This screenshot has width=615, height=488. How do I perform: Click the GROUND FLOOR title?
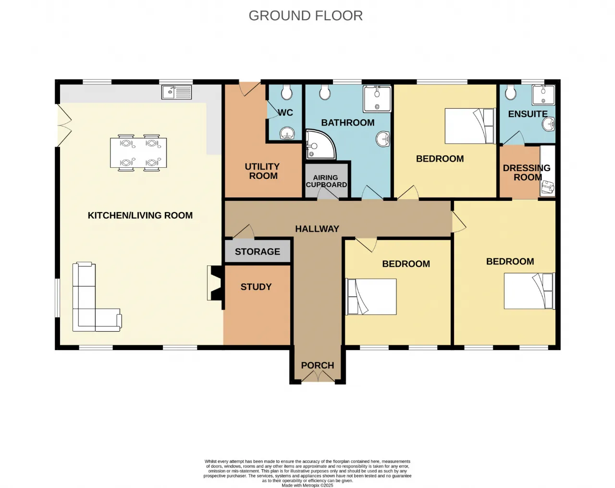(306, 16)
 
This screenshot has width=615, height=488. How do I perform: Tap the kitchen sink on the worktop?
(176, 92)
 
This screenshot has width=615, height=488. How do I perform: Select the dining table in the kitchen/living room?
(138, 153)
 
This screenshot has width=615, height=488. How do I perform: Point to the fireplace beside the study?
(214, 283)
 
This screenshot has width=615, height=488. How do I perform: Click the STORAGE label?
(258, 252)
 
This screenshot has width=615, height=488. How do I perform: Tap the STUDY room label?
(256, 287)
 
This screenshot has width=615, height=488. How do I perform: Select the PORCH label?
(318, 365)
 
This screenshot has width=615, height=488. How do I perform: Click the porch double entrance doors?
(318, 376)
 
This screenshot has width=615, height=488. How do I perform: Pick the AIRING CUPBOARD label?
(326, 181)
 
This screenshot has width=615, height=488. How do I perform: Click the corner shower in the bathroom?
(320, 145)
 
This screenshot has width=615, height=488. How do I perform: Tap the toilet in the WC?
(286, 92)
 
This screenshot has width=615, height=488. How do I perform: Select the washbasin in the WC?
(286, 133)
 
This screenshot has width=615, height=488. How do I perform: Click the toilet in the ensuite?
(510, 92)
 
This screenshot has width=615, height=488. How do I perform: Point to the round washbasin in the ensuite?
(549, 124)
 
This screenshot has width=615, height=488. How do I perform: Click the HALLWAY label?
(317, 229)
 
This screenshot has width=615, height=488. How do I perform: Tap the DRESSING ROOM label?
(527, 173)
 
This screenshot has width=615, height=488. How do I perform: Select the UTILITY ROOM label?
(262, 171)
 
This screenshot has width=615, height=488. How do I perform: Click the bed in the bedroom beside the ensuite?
(470, 126)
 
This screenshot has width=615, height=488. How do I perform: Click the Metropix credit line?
(307, 486)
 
